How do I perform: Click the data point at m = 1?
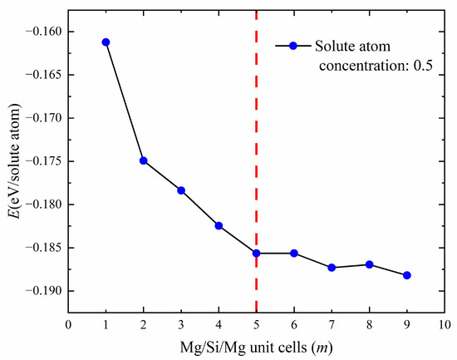106,42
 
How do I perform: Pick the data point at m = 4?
219,225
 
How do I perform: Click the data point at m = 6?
294,253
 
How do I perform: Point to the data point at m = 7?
332,268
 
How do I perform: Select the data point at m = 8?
369,264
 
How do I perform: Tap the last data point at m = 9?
407,275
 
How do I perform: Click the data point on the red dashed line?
256,253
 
